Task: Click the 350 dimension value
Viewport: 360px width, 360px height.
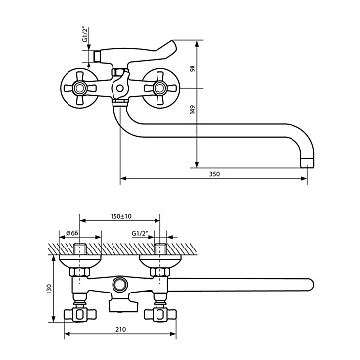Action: coord(215,174)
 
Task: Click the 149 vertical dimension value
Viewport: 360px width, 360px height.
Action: coord(193,110)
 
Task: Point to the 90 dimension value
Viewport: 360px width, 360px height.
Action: coord(193,68)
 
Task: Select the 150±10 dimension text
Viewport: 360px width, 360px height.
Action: coord(120,216)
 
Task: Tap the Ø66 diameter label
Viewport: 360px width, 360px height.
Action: coord(73,233)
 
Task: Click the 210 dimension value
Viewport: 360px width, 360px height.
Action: coord(120,329)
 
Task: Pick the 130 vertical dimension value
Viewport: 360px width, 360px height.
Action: coord(49,289)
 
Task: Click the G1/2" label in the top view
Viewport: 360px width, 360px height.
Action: coord(85,35)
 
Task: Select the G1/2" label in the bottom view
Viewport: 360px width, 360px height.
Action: coord(140,233)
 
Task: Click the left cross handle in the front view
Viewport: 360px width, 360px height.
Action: coord(78,88)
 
